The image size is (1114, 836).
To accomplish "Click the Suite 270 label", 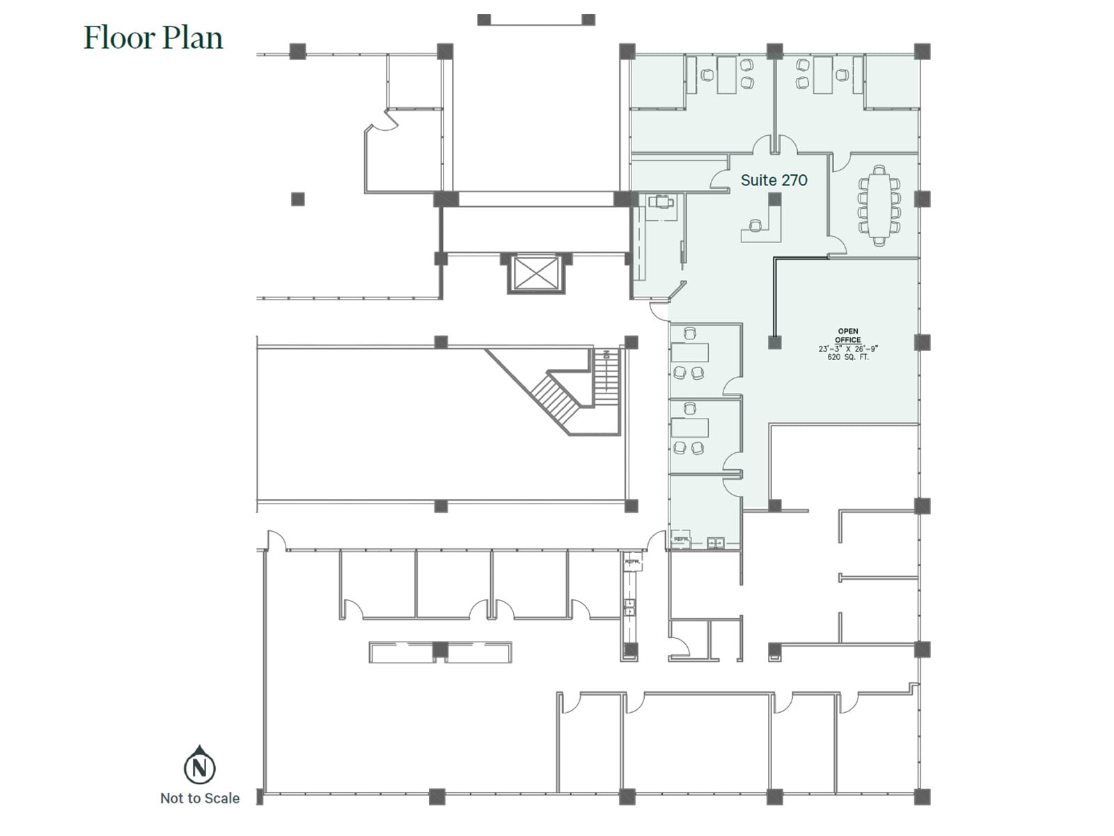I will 774,180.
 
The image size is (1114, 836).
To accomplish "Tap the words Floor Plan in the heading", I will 153,38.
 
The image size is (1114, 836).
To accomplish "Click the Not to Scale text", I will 200,798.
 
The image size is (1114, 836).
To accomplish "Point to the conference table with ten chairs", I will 879,206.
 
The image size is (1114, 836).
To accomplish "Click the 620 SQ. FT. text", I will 847,357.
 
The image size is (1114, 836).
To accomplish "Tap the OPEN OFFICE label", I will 847,336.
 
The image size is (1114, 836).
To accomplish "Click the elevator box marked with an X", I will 535,274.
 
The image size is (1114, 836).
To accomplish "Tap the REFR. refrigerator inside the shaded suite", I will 680,540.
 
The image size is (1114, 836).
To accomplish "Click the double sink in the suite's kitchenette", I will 716,542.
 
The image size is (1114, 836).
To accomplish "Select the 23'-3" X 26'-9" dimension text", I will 847,348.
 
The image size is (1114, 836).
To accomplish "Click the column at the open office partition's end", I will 774,342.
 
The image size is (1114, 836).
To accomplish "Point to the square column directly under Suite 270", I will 774,199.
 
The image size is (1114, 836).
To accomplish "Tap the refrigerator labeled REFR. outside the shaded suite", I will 632,561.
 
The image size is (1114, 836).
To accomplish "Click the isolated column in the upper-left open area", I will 297,199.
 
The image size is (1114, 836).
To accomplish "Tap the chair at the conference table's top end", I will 879,170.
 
